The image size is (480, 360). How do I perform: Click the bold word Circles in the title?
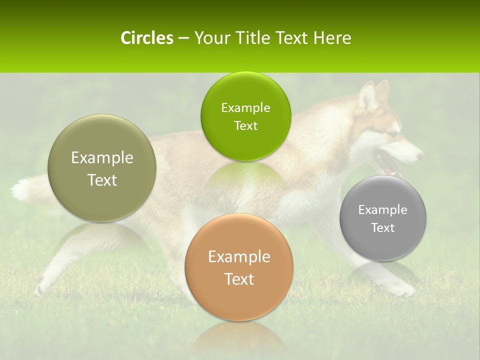click(147, 38)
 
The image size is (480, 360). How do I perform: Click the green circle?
click(245, 116)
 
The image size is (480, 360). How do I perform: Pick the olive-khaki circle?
click(102, 168)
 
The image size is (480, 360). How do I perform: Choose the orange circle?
click(239, 267)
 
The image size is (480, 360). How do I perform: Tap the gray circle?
click(383, 218)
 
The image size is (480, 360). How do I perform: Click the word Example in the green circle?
click(245, 107)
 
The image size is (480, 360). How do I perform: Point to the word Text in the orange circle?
click(239, 279)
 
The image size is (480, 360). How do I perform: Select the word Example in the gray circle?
click(383, 209)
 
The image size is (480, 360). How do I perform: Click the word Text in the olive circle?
click(102, 180)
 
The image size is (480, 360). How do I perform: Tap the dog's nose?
click(420, 155)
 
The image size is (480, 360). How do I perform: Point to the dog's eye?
click(393, 134)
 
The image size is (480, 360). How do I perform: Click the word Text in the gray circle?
click(383, 227)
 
